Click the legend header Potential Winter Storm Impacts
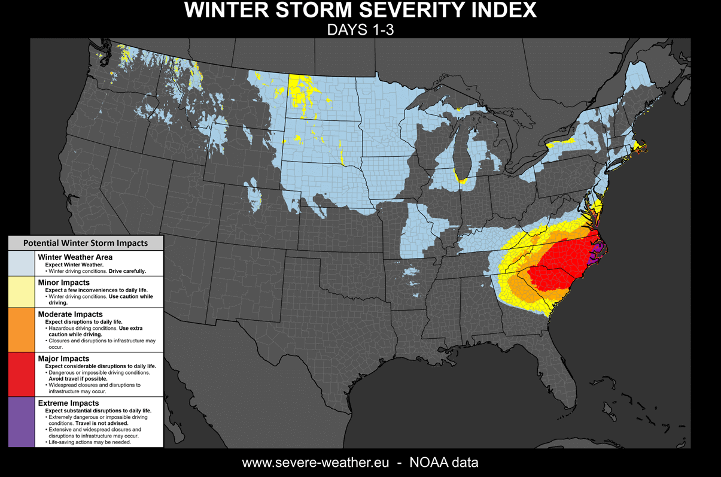click(85, 243)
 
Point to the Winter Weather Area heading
click(75, 257)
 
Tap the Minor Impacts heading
click(63, 282)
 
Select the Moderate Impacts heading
click(70, 314)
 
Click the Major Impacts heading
click(63, 358)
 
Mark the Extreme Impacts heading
click(68, 403)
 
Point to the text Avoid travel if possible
click(78, 379)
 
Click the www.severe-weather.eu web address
click(315, 463)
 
